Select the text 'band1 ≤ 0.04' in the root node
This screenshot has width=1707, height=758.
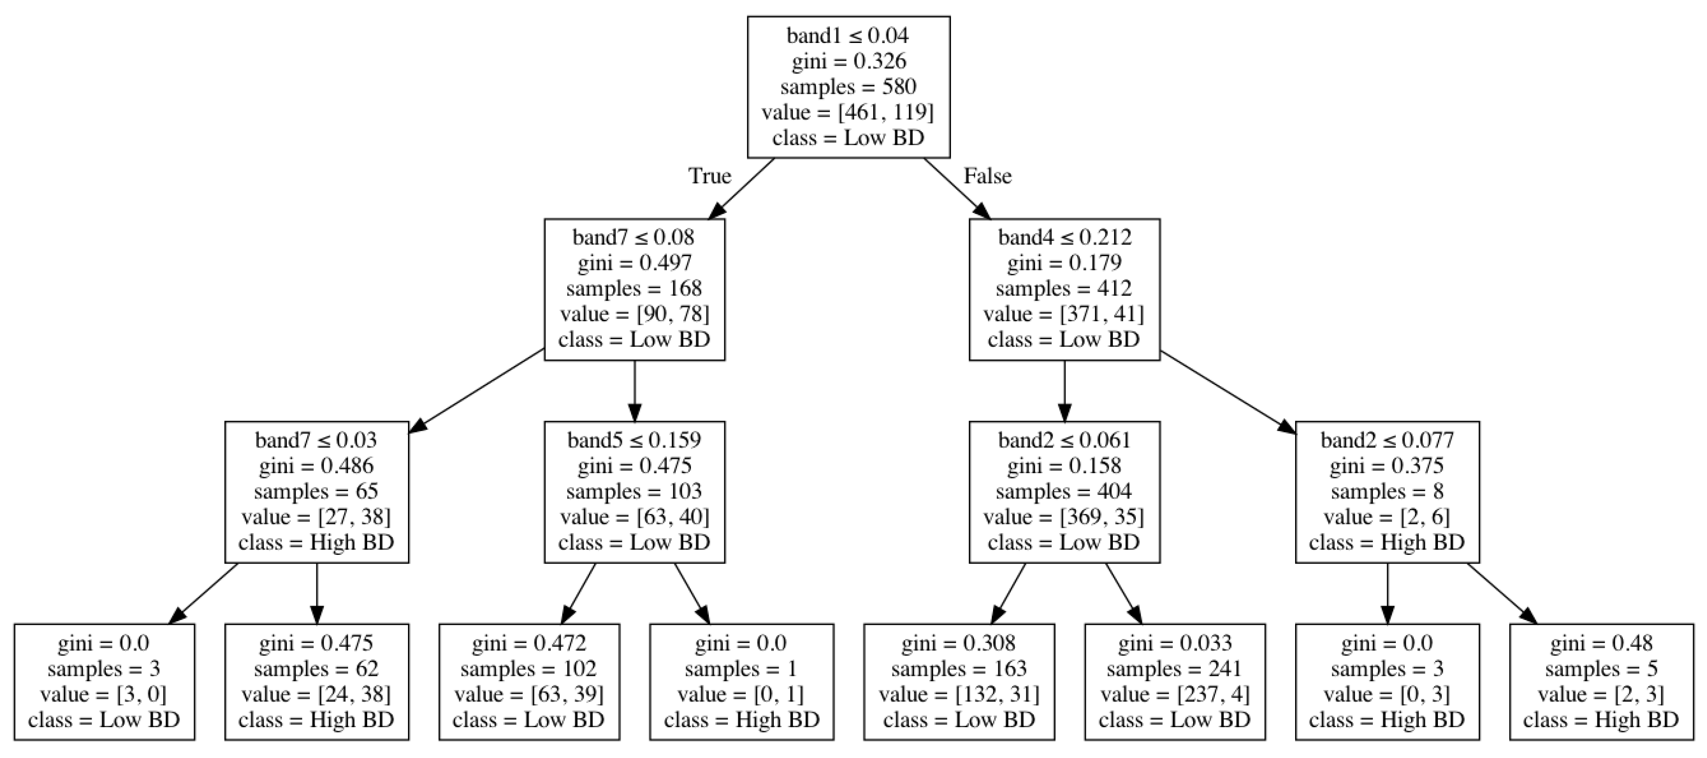pos(848,35)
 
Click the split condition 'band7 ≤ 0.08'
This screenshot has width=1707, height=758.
pos(634,237)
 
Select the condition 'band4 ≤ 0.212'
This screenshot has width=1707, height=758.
pos(1064,237)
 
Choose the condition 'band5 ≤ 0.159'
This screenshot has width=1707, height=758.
pos(634,440)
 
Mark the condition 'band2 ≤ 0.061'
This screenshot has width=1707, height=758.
pos(1064,440)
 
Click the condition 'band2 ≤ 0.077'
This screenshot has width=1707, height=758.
pos(1387,440)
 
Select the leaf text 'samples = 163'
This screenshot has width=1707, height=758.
pos(958,669)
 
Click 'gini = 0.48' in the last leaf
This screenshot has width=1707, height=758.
pos(1601,643)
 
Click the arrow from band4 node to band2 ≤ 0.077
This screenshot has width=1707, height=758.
pos(1226,391)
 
